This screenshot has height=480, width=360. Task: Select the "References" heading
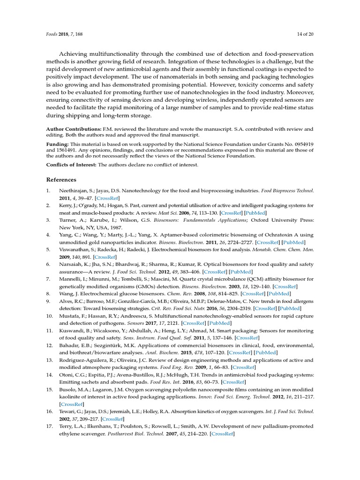tap(61, 180)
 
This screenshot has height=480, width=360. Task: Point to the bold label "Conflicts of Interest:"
tap(71, 165)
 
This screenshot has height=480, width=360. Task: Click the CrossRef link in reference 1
tap(108, 198)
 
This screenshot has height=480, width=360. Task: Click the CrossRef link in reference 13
tap(244, 367)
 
